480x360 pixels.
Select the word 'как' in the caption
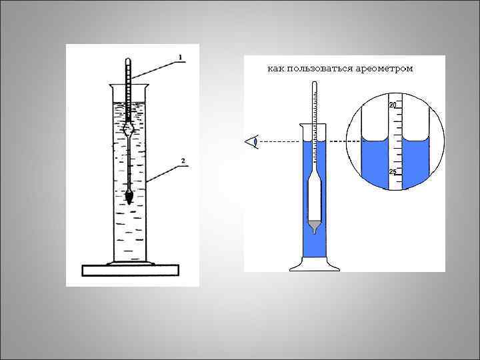(x=275, y=68)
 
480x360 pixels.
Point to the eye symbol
(x=252, y=141)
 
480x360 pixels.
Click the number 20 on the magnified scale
(x=393, y=106)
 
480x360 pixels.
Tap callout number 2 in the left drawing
(x=182, y=160)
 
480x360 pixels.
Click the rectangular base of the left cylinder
(x=130, y=270)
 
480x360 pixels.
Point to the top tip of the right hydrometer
(x=314, y=82)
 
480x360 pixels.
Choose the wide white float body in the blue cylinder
(x=315, y=197)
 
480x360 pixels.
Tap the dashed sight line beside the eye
(x=280, y=141)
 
